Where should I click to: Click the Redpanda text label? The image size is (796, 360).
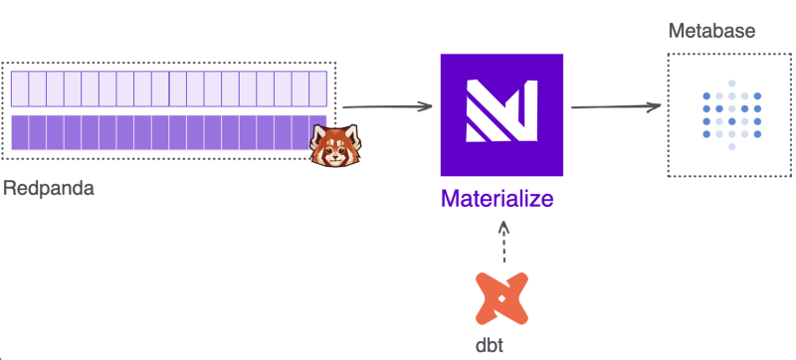point(49,187)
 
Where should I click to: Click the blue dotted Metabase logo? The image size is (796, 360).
point(732,114)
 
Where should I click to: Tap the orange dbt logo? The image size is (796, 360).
point(502,296)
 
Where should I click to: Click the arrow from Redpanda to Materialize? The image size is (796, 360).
point(388,106)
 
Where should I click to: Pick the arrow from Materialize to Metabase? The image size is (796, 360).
point(617,106)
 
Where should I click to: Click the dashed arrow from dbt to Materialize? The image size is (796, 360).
point(503,242)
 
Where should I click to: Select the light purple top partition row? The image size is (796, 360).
point(169,89)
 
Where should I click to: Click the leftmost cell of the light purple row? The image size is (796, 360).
point(20,89)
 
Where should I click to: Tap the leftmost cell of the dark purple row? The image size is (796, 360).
point(20,132)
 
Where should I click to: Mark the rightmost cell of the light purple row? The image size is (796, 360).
point(318,89)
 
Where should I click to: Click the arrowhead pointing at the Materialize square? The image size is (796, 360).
point(426,106)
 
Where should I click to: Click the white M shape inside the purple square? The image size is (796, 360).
point(501,110)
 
